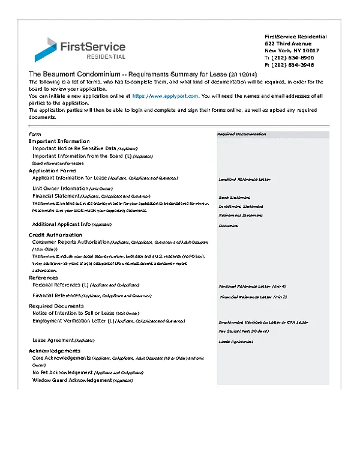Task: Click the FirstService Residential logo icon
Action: click(46, 49)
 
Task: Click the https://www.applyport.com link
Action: click(166, 95)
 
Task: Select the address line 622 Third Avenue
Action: click(288, 44)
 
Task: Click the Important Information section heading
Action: click(59, 141)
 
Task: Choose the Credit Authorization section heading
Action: click(55, 234)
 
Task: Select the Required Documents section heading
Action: click(56, 306)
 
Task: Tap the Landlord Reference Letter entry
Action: click(244, 179)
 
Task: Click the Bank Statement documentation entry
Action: click(235, 198)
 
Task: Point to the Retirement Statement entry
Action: click(241, 215)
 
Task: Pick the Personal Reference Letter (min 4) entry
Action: click(253, 286)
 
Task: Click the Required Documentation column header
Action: click(241, 134)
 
